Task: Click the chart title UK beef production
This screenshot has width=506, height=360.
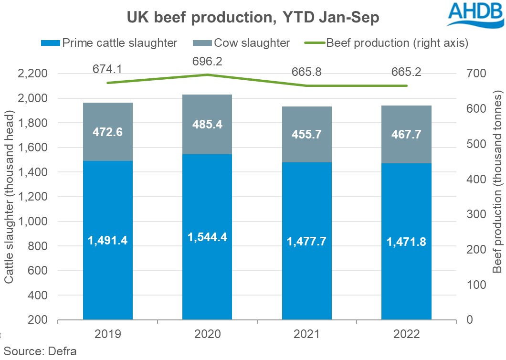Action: [x=253, y=18]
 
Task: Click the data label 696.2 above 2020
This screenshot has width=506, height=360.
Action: [x=207, y=61]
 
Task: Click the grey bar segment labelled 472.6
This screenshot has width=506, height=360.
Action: [x=108, y=132]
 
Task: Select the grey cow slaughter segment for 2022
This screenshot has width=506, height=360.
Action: [x=406, y=132]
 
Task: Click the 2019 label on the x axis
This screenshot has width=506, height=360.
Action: [x=108, y=334]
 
